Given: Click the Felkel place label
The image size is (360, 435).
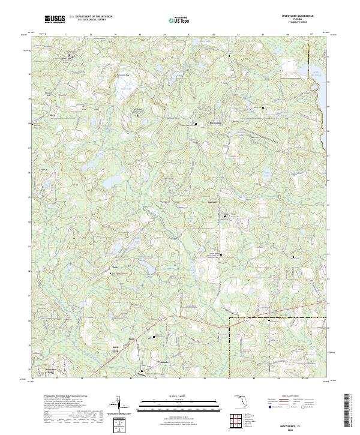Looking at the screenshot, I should click(51, 114).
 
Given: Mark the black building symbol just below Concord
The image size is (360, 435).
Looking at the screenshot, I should click(225, 217).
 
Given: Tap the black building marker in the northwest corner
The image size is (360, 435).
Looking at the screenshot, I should click(68, 56).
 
